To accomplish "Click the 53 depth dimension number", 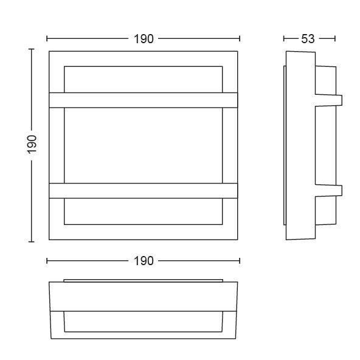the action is pos(308,39).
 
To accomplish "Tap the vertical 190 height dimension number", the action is pos(32,144).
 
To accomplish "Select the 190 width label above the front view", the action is pos(144,39).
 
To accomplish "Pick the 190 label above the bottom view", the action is pos(144,261).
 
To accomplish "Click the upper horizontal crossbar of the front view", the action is pos(144,100).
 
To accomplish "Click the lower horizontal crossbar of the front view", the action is pos(144,190).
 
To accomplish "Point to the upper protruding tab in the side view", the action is pos(329,100).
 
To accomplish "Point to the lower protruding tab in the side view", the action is pos(329,190).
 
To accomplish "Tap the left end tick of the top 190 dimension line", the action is pos(47,38).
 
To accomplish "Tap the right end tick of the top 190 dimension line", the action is pos(240,38).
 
